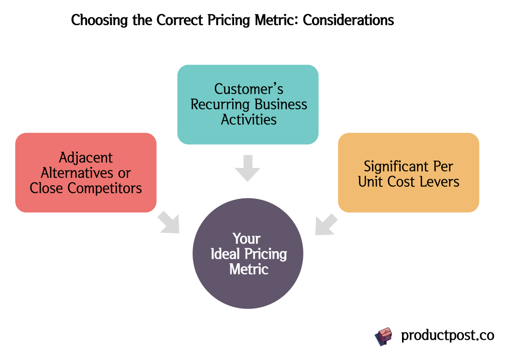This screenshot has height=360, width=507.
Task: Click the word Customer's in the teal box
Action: point(249,89)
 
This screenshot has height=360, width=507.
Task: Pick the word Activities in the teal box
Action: point(249,120)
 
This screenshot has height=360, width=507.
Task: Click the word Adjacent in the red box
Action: point(86,158)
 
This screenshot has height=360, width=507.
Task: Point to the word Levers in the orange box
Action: point(440,181)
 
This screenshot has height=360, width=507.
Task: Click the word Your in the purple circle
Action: point(247,239)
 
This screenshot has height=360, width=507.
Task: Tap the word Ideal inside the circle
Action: point(225,254)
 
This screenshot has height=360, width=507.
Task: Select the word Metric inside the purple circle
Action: point(249,270)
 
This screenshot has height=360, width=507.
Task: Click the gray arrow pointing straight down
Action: point(247,167)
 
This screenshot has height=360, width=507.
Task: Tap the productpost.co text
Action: point(447,335)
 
